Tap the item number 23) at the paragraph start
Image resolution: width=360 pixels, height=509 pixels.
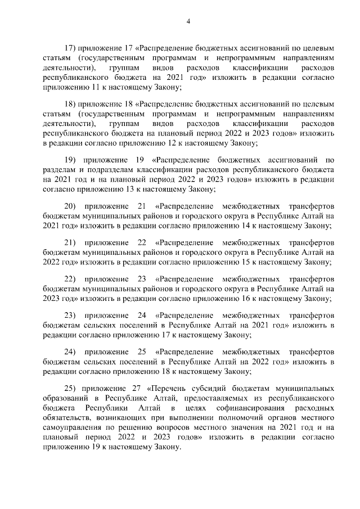click(x=74, y=316)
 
